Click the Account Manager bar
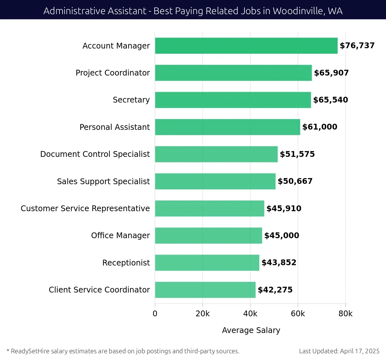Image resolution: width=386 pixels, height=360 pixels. pos(246,46)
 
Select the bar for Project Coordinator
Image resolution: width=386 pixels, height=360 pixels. pos(233,73)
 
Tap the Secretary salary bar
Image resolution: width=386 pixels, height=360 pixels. pos(233,100)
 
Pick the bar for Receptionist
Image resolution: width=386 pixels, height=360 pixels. pos(207,263)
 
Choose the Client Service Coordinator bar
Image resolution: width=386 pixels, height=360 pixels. pos(205,290)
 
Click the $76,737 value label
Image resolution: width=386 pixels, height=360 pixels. pos(357,46)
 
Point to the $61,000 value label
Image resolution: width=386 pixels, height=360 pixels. pos(320,127)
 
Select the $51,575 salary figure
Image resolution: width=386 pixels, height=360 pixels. pos(297,154)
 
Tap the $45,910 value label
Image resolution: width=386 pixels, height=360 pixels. pos(284,209)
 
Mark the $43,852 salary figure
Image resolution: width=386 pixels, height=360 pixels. pos(279,263)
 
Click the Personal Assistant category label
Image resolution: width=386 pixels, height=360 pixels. pos(115,127)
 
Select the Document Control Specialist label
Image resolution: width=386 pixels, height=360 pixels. pos(95,154)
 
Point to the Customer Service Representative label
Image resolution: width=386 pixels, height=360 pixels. pos(85,209)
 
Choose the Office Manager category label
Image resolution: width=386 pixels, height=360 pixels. pos(120,236)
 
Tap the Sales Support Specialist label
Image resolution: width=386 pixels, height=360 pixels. pos(103,182)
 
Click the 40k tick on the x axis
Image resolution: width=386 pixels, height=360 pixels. pos(250,314)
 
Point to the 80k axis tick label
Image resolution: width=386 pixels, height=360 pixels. pos(345,314)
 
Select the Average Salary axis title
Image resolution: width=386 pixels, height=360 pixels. pos(251,330)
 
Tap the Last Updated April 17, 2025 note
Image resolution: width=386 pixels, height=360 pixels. pos(339,351)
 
